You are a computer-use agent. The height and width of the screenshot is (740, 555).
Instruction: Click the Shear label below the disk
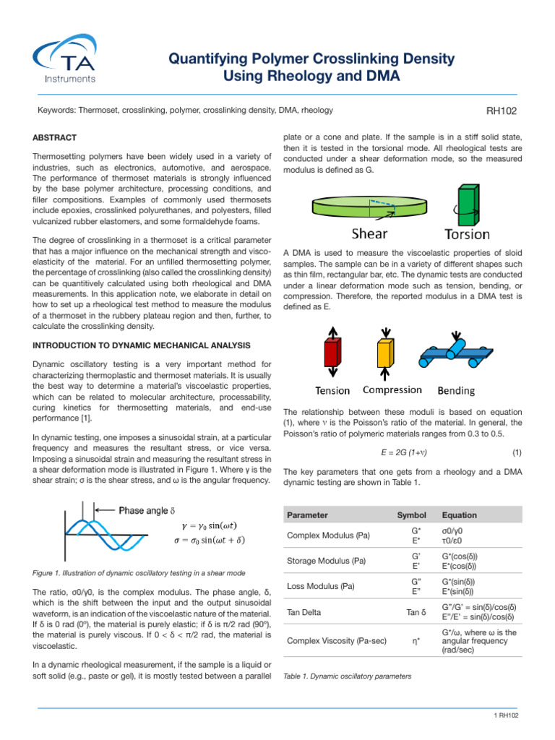pos(369,233)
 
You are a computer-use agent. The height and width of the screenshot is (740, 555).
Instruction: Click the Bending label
pos(456,391)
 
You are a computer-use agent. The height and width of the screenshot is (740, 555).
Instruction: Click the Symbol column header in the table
pos(407,515)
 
